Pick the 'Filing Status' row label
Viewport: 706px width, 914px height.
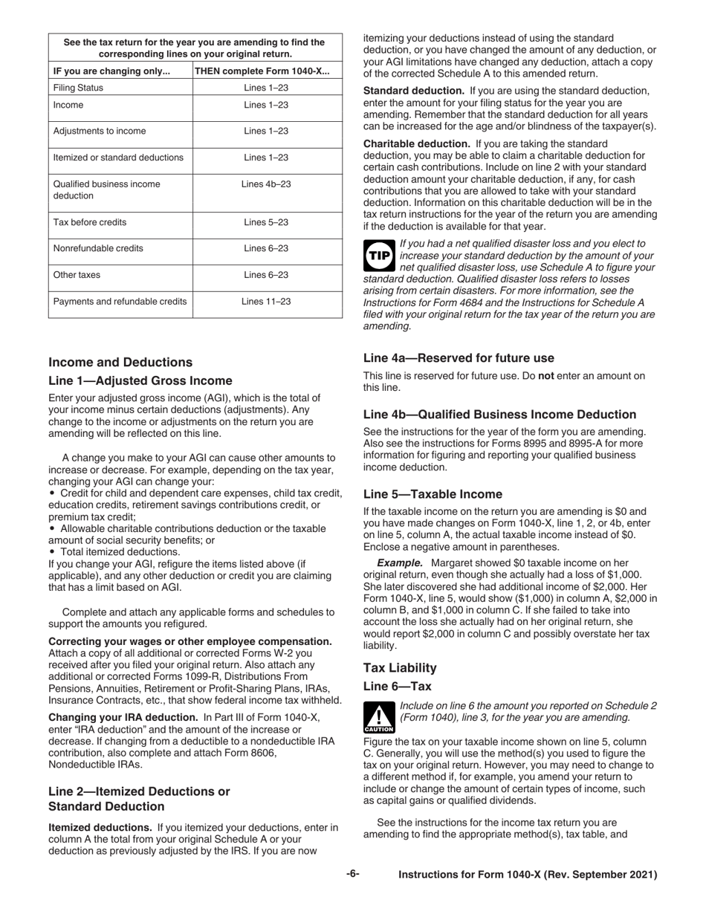(x=78, y=88)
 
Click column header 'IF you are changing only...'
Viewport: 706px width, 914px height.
(x=111, y=71)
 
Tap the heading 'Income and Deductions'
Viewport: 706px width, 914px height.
(x=120, y=363)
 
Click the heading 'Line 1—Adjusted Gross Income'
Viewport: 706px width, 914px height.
(x=140, y=381)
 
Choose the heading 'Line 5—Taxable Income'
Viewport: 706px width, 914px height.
(x=433, y=494)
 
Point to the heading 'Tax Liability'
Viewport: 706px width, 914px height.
(x=400, y=668)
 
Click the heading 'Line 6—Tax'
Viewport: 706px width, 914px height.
(x=397, y=687)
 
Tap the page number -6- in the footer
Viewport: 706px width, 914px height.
(x=353, y=875)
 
